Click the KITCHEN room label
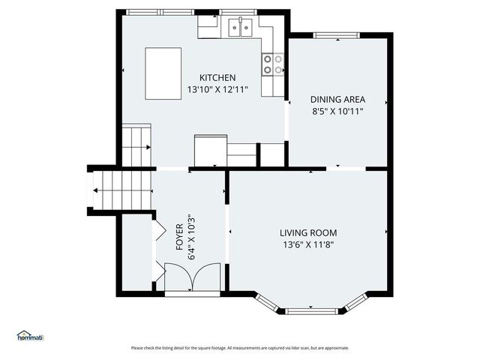click(x=217, y=78)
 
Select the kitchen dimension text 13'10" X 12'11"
click(x=217, y=90)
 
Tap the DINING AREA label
click(x=337, y=99)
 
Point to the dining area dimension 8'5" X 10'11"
click(x=337, y=111)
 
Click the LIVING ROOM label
click(x=308, y=232)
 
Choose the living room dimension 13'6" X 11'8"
click(x=308, y=244)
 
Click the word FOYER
click(x=181, y=236)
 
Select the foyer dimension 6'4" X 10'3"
click(x=192, y=236)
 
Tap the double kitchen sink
click(x=240, y=28)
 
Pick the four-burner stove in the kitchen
click(x=273, y=64)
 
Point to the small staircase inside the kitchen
click(x=136, y=145)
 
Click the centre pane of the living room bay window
click(x=312, y=310)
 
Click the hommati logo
click(x=30, y=336)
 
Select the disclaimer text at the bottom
click(x=240, y=348)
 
